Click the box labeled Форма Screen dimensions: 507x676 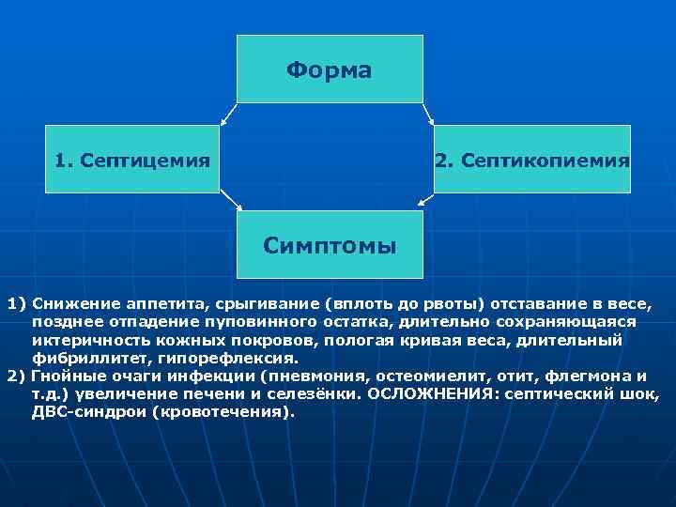pos(330,69)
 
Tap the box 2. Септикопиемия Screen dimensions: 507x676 pos(531,159)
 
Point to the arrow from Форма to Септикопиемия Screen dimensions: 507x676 pos(427,114)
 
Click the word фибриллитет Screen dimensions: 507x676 pos(79,358)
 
